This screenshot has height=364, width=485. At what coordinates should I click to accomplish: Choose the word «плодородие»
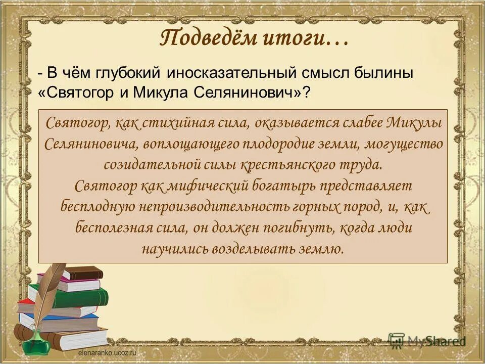(x=282, y=144)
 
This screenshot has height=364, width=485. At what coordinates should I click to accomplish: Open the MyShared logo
(x=427, y=341)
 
